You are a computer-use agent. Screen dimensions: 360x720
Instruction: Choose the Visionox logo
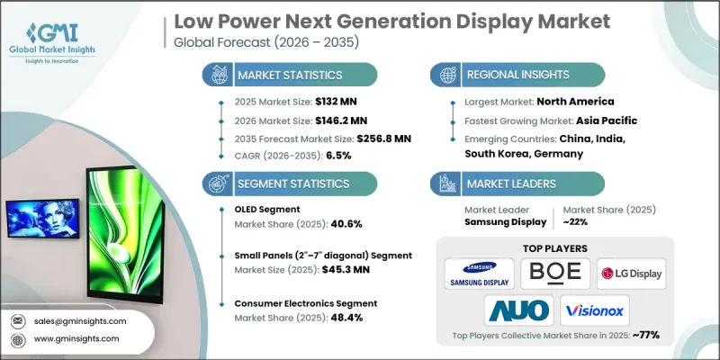(594, 310)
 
